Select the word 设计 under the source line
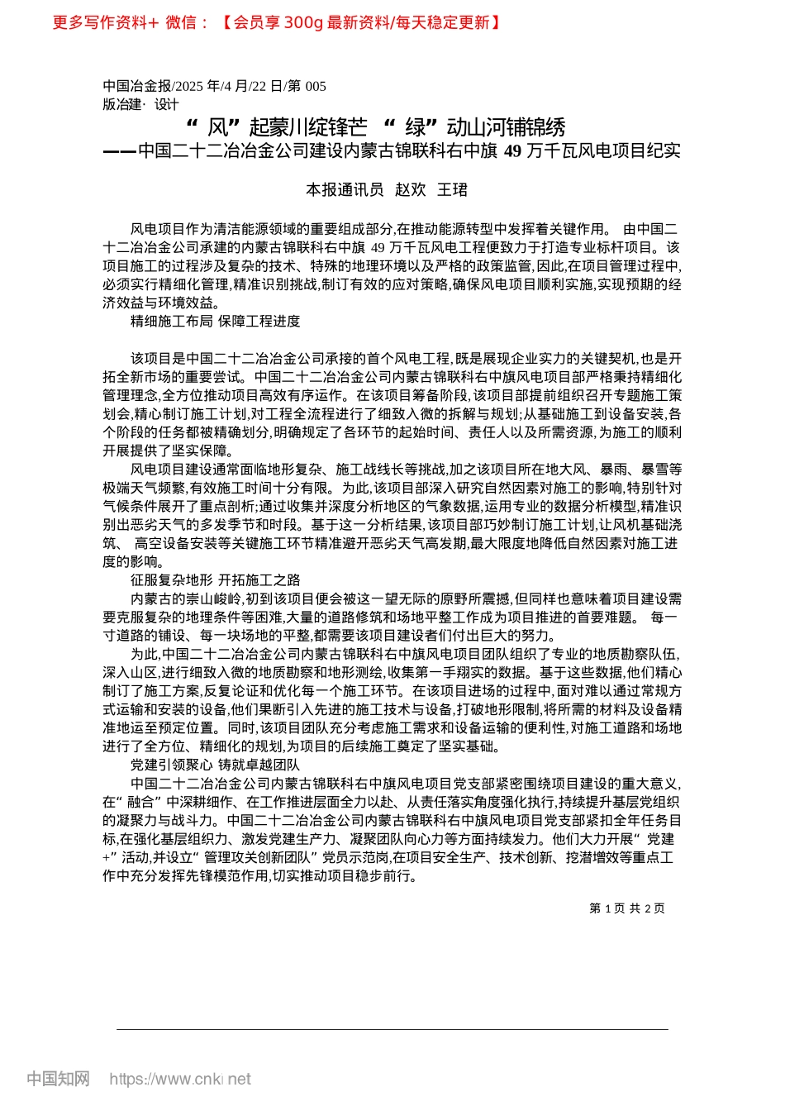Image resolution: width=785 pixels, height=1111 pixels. click(166, 104)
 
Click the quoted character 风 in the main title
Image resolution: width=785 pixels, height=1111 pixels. click(216, 127)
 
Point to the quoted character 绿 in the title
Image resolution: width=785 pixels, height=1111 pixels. click(415, 127)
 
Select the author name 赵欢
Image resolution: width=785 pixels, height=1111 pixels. click(410, 190)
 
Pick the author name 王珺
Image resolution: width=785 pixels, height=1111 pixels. click(452, 190)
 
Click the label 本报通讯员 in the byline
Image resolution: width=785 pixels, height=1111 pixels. click(345, 190)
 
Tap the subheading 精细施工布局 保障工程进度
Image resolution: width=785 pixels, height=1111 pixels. click(215, 321)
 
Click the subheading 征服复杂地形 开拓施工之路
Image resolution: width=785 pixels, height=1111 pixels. click(215, 579)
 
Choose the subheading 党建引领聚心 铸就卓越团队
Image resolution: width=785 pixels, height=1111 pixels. click(215, 765)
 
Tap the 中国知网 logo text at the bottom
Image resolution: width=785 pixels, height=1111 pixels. click(58, 1079)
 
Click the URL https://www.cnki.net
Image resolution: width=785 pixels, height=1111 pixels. click(180, 1079)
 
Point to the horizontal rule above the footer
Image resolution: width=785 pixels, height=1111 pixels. click(392, 1029)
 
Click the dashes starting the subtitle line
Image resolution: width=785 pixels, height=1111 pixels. click(119, 150)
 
